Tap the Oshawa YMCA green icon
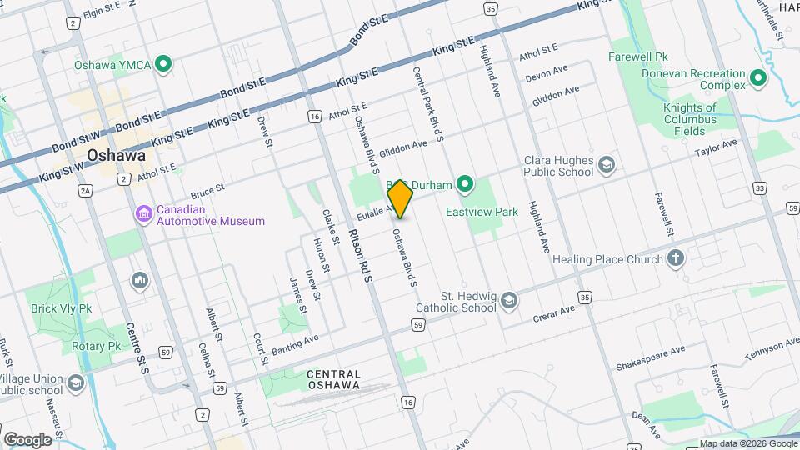[164, 63]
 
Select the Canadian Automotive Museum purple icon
[144, 214]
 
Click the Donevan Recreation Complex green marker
[757, 79]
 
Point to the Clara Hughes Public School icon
[606, 165]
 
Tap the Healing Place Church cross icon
[676, 258]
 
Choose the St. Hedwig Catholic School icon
[509, 301]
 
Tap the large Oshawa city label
[116, 155]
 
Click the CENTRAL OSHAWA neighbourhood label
[333, 379]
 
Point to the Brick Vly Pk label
[62, 307]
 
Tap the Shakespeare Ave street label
[650, 357]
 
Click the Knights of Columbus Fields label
[690, 119]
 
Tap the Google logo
[27, 439]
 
